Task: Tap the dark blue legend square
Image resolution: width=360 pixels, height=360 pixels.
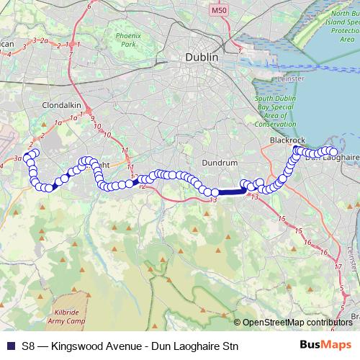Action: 9,345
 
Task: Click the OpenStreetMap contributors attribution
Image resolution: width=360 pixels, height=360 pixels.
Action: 297,323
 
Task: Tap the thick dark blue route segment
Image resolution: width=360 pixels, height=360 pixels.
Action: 230,192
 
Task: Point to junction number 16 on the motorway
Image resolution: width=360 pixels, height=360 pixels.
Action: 325,252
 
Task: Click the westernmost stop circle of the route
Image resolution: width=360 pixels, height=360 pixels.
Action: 27,156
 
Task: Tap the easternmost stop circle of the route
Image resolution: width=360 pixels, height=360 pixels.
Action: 333,151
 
